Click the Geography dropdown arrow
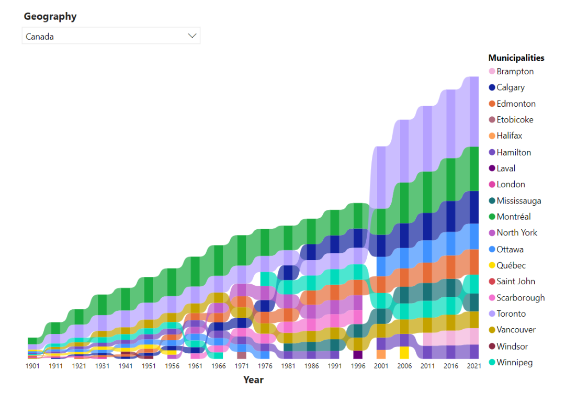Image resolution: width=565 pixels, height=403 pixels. [192, 36]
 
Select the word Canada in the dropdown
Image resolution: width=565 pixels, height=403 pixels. [40, 37]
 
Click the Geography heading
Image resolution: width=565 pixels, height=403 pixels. [50, 17]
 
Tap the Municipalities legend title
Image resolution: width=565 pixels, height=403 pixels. [516, 58]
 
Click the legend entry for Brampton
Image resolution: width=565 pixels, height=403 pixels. [515, 72]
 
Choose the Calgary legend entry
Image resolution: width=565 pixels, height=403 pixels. [510, 87]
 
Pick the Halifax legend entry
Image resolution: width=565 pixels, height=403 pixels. [509, 136]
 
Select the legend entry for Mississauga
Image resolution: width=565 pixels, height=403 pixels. [518, 201]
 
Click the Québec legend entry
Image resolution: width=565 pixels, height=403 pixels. [511, 265]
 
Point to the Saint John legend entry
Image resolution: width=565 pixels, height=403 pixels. [515, 282]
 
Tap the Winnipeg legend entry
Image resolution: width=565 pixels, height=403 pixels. [514, 362]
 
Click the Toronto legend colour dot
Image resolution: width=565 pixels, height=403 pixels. [492, 314]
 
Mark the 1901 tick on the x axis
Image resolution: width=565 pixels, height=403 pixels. [32, 366]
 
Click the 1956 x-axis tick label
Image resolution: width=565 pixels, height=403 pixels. [172, 366]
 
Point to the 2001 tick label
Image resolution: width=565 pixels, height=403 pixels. [381, 366]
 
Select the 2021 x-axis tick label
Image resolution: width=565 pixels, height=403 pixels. [473, 366]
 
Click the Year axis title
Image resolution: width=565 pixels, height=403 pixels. [253, 380]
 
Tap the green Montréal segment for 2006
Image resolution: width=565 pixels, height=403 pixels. [404, 203]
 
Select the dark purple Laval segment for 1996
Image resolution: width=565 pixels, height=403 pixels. [358, 355]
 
